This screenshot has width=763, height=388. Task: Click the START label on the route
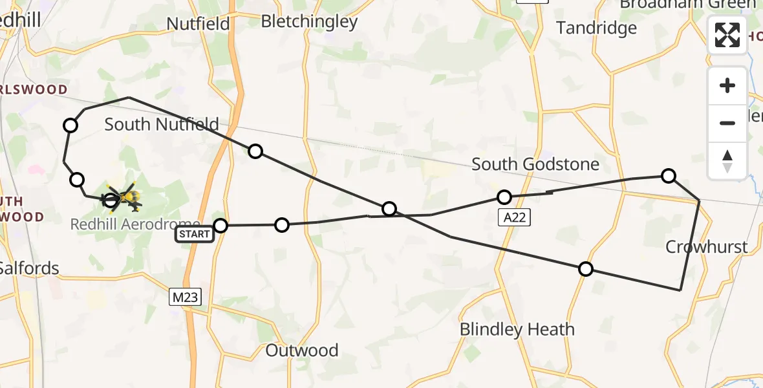[195, 234]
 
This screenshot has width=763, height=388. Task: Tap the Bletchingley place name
[309, 21]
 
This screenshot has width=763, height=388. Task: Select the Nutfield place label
[198, 24]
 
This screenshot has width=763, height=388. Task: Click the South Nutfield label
[162, 124]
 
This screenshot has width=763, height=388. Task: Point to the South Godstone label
[526, 164]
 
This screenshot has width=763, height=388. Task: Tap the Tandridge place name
[596, 28]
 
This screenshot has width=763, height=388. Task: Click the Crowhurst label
[706, 246]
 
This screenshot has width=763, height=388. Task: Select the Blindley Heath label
[517, 329]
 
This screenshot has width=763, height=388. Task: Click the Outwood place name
[302, 350]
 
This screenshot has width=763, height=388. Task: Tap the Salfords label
[29, 268]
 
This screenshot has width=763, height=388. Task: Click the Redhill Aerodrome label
[135, 224]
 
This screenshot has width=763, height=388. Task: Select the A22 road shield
[515, 218]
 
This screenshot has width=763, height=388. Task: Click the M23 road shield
[186, 297]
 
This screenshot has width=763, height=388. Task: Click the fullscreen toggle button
[727, 35]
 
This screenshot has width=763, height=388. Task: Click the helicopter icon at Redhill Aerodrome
[124, 197]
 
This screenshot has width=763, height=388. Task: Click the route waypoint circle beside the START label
[220, 226]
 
